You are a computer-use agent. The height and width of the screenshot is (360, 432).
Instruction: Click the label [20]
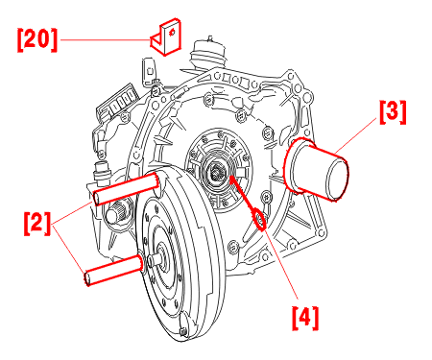37,39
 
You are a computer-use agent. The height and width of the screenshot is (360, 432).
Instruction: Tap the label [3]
393,112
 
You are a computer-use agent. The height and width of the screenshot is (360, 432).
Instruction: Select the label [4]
305,318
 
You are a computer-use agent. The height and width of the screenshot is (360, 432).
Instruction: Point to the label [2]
37,223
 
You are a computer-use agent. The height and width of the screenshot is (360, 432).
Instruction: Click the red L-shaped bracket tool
166,36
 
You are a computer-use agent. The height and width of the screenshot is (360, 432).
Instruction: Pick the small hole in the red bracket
172,33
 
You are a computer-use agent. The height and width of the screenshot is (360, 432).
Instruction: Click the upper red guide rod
126,188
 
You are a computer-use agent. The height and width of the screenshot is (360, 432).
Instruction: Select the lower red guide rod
113,270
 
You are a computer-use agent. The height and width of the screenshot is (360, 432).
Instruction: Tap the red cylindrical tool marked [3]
316,169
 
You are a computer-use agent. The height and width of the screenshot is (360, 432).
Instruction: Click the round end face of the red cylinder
338,180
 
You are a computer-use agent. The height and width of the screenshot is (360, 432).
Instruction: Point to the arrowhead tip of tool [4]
230,176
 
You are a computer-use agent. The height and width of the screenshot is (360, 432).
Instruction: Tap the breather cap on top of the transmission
207,54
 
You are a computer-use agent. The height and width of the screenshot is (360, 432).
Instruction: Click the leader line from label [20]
106,40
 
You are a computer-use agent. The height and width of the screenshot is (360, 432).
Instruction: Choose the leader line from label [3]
355,134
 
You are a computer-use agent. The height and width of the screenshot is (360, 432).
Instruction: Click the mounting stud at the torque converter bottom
183,331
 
